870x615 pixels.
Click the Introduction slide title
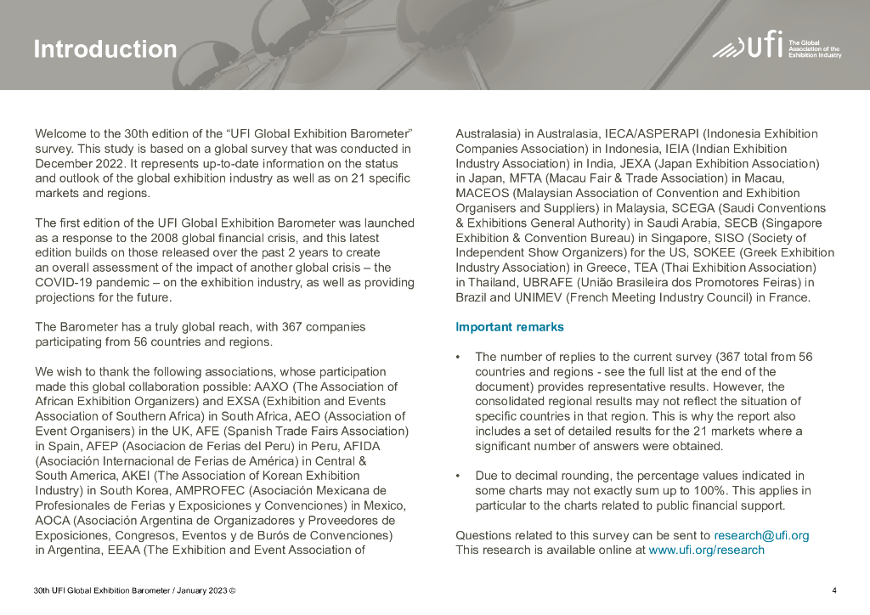click(105, 49)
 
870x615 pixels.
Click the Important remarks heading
click(510, 327)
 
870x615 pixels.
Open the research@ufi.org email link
click(761, 535)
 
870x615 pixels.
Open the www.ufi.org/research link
click(706, 550)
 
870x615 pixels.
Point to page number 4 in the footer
click(834, 590)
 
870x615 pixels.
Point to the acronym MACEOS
click(482, 193)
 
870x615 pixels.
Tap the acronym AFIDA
click(359, 446)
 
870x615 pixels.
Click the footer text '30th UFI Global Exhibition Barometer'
click(102, 590)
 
